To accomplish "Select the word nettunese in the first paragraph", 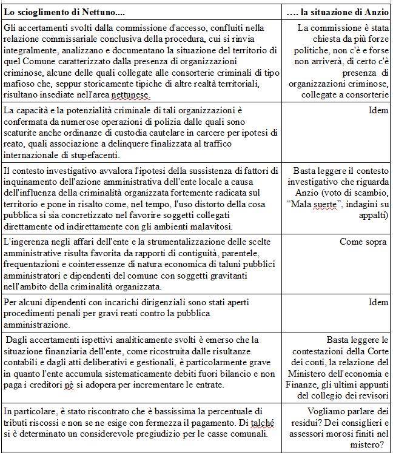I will pyautogui.click(x=129, y=95).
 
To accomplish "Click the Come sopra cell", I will pyautogui.click(x=363, y=242).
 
